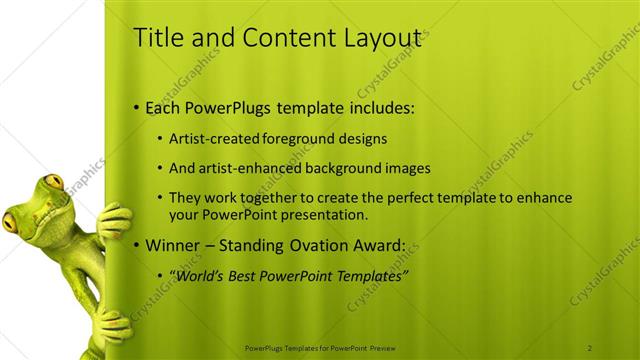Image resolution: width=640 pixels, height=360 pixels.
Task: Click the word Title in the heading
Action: click(157, 38)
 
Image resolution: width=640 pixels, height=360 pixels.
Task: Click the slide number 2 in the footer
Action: click(591, 347)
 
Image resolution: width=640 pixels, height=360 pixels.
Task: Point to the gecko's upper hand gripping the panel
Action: click(113, 220)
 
